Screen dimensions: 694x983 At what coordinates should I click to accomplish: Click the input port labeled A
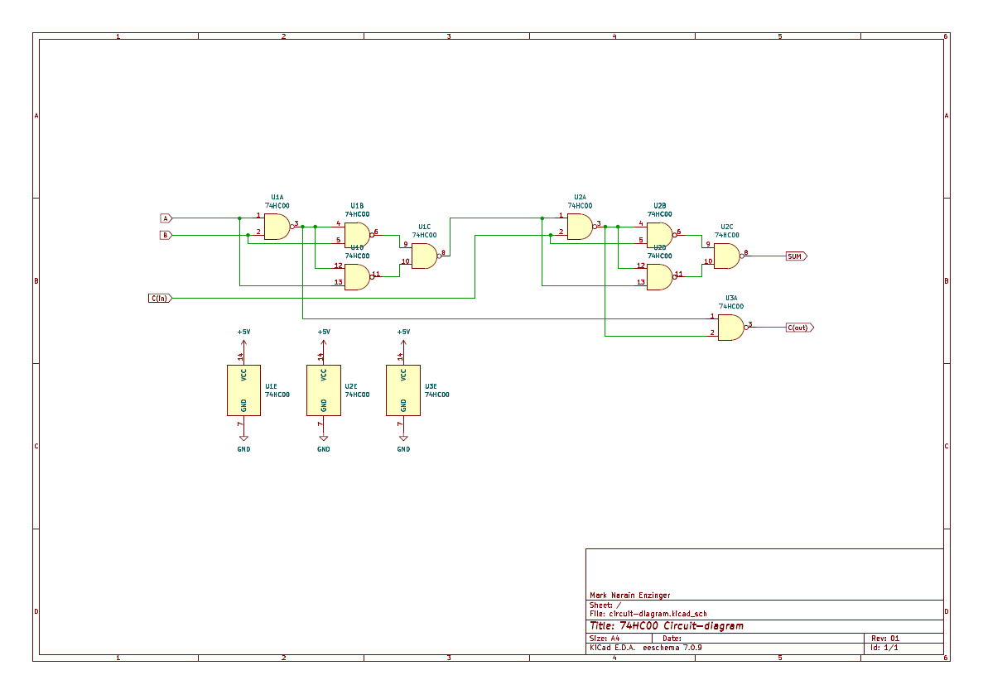(166, 218)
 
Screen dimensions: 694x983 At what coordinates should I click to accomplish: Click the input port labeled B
(166, 235)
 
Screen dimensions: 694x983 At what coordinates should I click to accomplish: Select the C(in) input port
(160, 298)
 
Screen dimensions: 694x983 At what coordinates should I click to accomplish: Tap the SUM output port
(795, 256)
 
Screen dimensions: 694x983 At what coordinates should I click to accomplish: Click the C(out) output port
(799, 328)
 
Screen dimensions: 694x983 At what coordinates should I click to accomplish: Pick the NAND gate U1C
(424, 256)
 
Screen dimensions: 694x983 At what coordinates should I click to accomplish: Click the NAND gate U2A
(580, 227)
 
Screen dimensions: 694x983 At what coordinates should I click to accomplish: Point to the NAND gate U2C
(726, 256)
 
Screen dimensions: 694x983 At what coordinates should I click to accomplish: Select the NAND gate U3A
(730, 328)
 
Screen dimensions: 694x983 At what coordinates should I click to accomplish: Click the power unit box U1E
(243, 390)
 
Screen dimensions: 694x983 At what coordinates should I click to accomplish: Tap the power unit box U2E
(324, 390)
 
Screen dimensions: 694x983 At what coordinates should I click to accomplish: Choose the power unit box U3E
(403, 390)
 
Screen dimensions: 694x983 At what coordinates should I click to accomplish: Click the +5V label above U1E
(243, 332)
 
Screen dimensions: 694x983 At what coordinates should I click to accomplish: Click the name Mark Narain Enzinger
(629, 595)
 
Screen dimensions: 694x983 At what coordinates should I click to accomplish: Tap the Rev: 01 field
(884, 639)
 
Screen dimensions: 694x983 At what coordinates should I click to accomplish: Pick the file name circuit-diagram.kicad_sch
(658, 614)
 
